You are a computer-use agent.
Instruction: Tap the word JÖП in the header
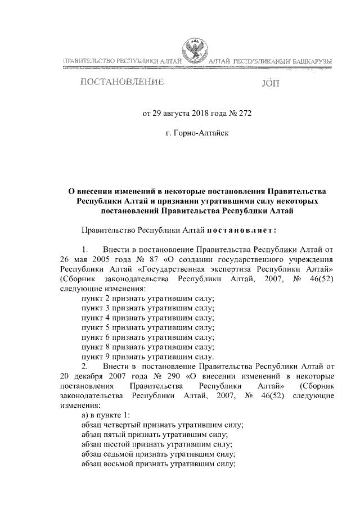tap(270, 83)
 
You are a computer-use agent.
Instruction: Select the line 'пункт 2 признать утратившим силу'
tap(148, 298)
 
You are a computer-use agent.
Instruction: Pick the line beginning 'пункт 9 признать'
tap(147, 357)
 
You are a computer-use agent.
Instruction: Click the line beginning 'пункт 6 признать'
tap(148, 337)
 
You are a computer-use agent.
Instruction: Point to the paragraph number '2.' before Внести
tap(85, 366)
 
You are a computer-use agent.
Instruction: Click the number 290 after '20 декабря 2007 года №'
tap(161, 376)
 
